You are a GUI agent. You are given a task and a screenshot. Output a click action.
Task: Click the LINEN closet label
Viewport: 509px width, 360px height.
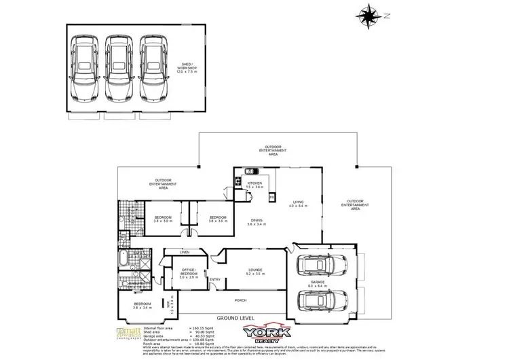pyautogui.click(x=184, y=253)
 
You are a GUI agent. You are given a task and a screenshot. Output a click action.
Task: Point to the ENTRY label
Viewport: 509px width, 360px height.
pyautogui.click(x=215, y=280)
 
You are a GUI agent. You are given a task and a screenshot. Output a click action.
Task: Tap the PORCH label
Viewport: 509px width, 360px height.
pyautogui.click(x=240, y=300)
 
